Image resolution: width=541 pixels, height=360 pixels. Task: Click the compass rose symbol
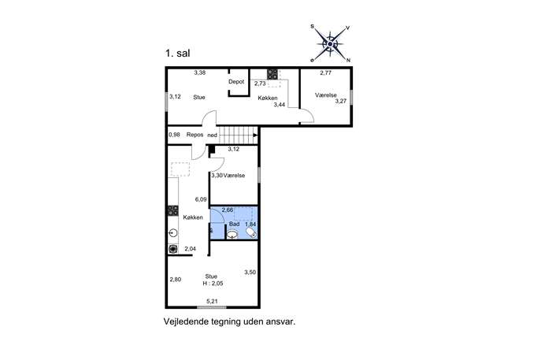point(331,44)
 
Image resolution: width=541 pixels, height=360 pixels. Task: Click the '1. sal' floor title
point(178,54)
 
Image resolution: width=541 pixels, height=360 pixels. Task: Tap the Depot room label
point(236,82)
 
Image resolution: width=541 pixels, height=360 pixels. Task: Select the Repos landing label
point(195,135)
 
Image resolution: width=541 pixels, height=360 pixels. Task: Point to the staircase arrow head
point(256,135)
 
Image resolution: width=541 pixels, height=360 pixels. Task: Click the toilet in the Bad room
point(251,232)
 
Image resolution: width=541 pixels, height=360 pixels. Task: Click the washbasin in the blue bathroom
point(232,235)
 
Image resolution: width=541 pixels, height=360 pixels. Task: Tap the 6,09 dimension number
point(201,199)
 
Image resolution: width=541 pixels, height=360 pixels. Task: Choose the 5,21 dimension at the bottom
point(212,302)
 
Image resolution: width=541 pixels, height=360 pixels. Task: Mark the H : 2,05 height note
point(213,284)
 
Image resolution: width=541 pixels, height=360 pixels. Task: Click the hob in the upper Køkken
point(272,74)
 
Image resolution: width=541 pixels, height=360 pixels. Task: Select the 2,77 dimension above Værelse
point(326,72)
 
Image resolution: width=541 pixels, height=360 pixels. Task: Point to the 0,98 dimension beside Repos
point(175,135)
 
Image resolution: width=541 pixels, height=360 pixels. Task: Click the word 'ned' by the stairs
point(212,135)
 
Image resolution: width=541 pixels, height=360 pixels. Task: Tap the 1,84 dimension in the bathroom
point(251,225)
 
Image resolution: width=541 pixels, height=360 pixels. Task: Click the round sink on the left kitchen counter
point(173,233)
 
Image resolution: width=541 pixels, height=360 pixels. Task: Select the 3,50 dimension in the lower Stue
point(250,273)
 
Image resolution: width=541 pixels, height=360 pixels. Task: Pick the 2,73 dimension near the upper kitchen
point(260,84)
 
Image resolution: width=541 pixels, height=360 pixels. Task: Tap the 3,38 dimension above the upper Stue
point(200,72)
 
